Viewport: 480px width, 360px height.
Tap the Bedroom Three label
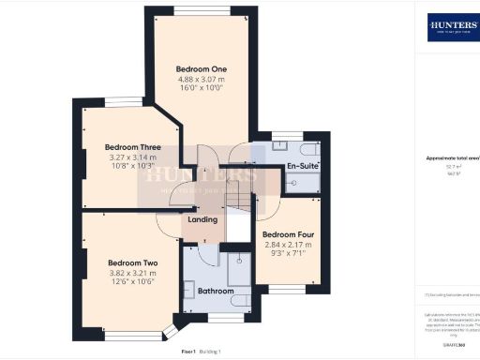(132, 147)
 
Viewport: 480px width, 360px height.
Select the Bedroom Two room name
(131, 263)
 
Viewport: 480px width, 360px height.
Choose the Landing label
(202, 219)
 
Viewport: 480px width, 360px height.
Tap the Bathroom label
(215, 292)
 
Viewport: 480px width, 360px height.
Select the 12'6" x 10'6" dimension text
(131, 284)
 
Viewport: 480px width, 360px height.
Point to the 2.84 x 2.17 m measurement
(286, 245)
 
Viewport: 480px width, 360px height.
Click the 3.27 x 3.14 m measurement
(132, 157)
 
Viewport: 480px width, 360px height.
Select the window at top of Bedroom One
(200, 10)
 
